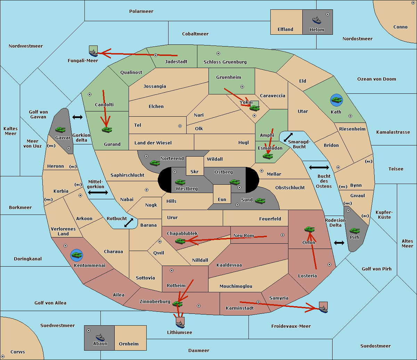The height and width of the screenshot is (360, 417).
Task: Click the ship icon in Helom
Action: pyautogui.click(x=317, y=20)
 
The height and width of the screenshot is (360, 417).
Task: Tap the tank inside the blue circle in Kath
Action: pyautogui.click(x=336, y=100)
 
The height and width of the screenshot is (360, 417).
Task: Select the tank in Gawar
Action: pyautogui.click(x=60, y=129)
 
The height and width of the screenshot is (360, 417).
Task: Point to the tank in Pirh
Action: pyautogui.click(x=354, y=231)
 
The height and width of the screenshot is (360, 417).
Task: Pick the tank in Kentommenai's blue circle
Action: pyautogui.click(x=77, y=255)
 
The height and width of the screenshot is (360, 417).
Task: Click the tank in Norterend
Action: pyautogui.click(x=155, y=163)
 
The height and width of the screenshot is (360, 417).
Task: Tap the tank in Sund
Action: pyautogui.click(x=260, y=201)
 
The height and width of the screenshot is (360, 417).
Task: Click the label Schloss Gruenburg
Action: pyautogui.click(x=225, y=62)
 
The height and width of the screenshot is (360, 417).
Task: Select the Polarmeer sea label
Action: pyautogui.click(x=141, y=11)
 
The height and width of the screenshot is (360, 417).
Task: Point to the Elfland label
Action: pyautogui.click(x=285, y=29)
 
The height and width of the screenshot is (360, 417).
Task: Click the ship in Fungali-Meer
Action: pyautogui.click(x=93, y=53)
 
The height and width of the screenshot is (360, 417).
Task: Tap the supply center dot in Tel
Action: pyautogui.click(x=180, y=126)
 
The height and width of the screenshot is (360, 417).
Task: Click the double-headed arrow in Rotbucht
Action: pyautogui.click(x=129, y=223)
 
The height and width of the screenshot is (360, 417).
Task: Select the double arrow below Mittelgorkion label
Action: pyautogui.click(x=98, y=192)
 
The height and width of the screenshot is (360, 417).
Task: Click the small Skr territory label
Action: pyautogui.click(x=194, y=171)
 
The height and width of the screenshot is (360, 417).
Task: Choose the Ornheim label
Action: pyautogui.click(x=129, y=344)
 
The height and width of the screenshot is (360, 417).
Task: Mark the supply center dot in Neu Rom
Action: pyautogui.click(x=283, y=235)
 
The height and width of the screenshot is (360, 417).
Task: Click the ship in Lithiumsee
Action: pyautogui.click(x=180, y=324)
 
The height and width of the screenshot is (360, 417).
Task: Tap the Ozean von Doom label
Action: pyautogui.click(x=376, y=79)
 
